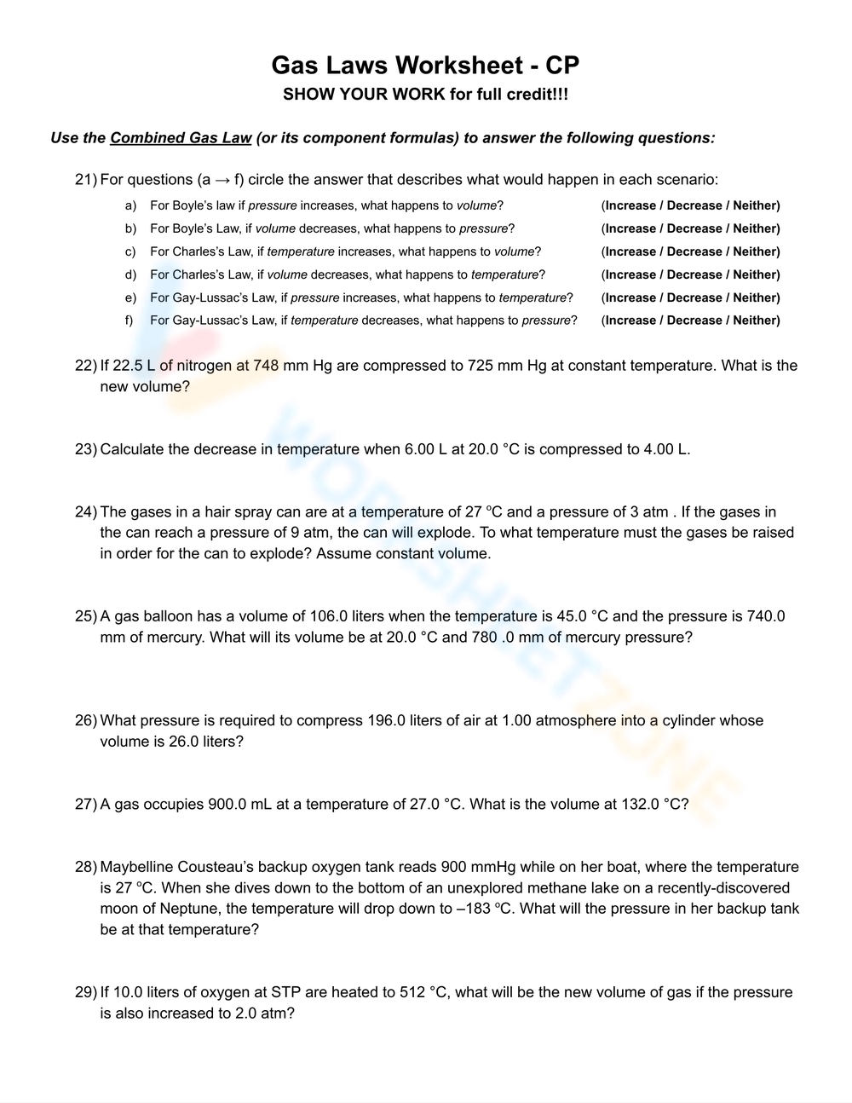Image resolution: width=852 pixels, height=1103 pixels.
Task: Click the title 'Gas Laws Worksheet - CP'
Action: point(425,65)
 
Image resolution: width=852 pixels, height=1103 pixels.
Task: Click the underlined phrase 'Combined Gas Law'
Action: point(181,138)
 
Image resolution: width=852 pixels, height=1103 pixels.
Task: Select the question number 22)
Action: point(86,366)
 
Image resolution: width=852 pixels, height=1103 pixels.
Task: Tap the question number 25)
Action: point(86,616)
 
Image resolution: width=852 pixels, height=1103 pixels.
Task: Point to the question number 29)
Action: point(86,992)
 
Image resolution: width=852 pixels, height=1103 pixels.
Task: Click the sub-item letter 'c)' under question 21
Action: point(130,251)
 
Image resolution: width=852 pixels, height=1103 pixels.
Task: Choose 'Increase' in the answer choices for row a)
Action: point(630,205)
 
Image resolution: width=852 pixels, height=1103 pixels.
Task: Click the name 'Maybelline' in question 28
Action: point(136,867)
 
